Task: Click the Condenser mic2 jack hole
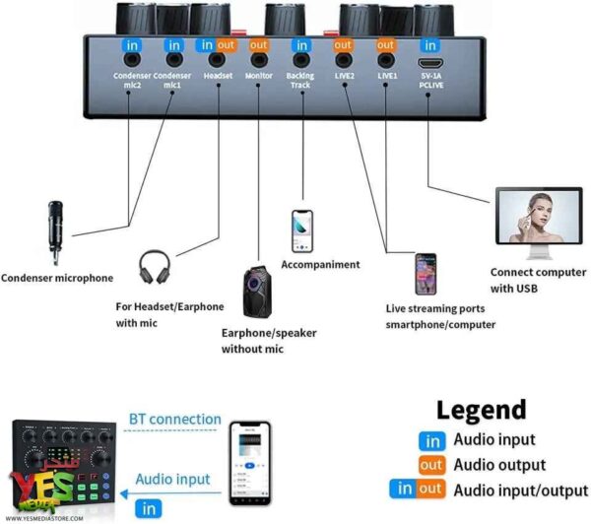click(132, 59)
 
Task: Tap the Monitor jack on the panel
click(259, 59)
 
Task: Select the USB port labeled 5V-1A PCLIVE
click(430, 62)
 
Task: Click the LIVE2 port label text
click(345, 76)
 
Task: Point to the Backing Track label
click(300, 81)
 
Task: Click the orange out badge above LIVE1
click(385, 45)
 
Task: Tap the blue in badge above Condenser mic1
click(174, 45)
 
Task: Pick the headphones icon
click(155, 267)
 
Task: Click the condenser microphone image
click(55, 232)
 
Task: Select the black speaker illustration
click(257, 292)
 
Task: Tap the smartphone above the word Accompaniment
click(302, 231)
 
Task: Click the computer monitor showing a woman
click(539, 223)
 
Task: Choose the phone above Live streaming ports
click(426, 274)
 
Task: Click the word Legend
click(482, 410)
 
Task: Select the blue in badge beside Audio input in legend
click(432, 441)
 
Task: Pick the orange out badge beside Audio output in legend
click(432, 465)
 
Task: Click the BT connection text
click(175, 420)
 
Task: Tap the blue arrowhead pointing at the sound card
click(124, 493)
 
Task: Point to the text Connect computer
click(538, 272)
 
